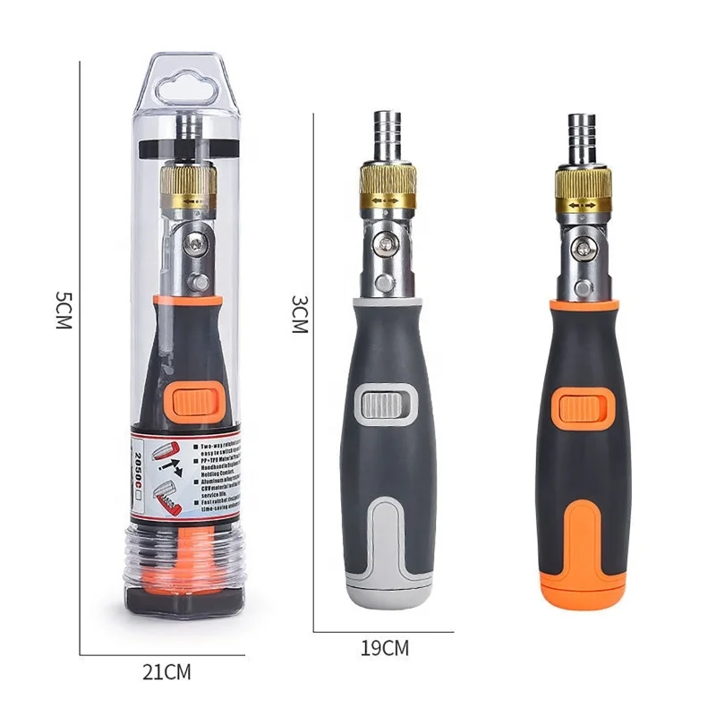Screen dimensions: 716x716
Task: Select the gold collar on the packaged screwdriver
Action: (x=191, y=183)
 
